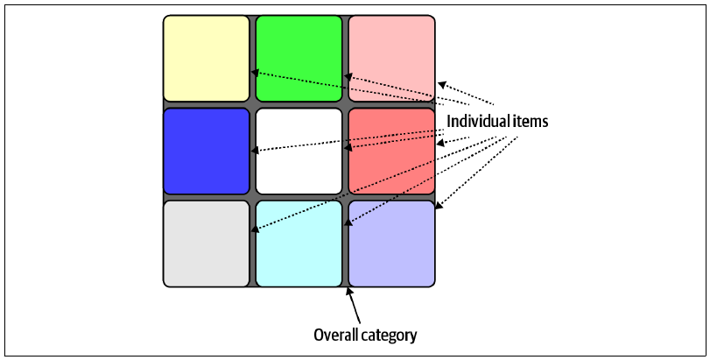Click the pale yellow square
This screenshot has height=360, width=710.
coord(206,59)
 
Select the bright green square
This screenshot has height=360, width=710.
coord(299,59)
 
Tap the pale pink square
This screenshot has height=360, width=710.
coord(391,59)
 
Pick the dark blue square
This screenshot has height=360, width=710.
coord(206,152)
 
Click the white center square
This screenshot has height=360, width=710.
coord(299,152)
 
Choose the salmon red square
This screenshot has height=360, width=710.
coord(391,152)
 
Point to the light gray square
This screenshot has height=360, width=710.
coord(206,244)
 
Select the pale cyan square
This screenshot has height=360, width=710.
coord(299,244)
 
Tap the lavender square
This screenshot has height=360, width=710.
coord(391,244)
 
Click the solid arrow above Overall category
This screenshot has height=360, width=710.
coord(354,306)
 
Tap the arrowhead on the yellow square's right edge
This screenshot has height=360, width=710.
coord(255,73)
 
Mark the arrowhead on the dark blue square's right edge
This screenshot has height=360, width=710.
coord(255,151)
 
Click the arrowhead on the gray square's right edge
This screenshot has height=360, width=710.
coord(255,229)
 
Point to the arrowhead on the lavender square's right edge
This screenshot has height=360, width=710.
coord(439,206)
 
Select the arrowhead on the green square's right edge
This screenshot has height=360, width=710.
coord(348,76)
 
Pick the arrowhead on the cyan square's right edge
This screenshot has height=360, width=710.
coord(348,222)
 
